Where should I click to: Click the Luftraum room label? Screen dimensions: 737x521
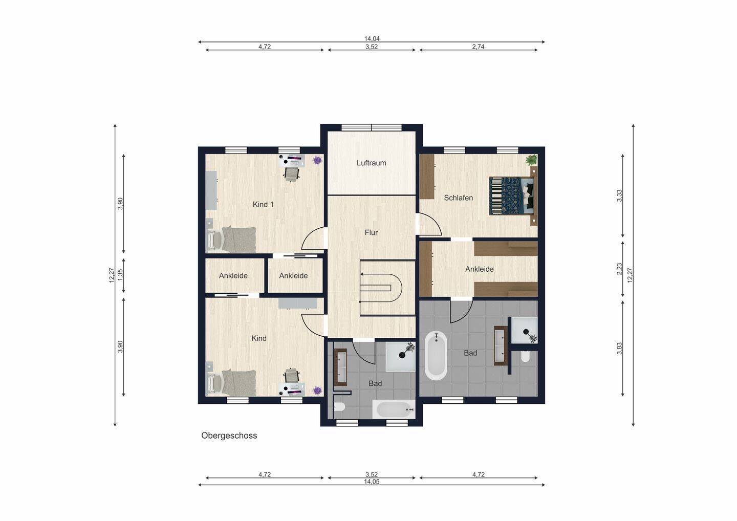click(371, 163)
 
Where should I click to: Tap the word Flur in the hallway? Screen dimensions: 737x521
click(371, 232)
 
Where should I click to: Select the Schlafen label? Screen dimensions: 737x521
click(459, 198)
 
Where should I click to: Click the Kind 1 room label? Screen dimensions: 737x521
click(263, 204)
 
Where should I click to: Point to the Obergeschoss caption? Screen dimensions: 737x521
click(229, 436)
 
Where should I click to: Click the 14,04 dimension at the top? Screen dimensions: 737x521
click(372, 39)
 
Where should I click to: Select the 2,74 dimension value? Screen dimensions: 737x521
click(478, 47)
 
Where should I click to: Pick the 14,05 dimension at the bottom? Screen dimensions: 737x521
click(372, 482)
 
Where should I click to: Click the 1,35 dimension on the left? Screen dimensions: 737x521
click(120, 275)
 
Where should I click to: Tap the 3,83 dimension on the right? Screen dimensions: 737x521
click(619, 349)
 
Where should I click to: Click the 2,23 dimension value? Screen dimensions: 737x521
click(619, 269)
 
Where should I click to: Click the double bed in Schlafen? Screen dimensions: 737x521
click(512, 196)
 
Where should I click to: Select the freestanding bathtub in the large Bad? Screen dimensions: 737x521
click(436, 356)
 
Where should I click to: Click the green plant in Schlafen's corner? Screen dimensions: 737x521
click(531, 160)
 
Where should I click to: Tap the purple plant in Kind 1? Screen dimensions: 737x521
click(317, 160)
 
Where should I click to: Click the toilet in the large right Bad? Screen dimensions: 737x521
click(526, 356)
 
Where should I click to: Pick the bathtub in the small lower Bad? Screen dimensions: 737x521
click(394, 409)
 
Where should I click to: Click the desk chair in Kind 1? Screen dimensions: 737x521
click(292, 173)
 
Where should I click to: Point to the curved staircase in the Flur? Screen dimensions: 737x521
click(386, 288)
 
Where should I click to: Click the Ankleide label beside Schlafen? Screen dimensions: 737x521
click(480, 269)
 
